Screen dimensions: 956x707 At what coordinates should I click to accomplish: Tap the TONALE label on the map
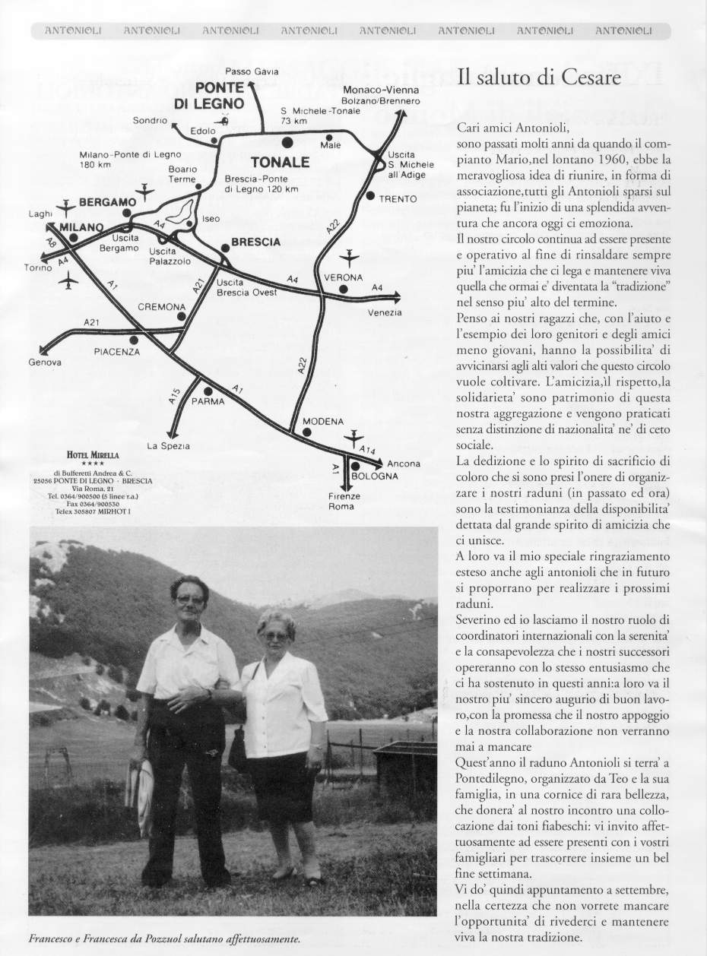[280, 162]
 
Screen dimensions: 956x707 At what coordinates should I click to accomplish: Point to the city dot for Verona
[344, 290]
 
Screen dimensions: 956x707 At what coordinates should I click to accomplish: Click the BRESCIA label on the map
[255, 242]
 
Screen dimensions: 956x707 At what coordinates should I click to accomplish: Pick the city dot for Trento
[369, 196]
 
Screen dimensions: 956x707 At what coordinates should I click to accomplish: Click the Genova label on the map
[45, 362]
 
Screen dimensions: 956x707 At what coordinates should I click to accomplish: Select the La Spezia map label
[168, 446]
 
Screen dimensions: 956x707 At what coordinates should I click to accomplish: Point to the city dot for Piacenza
[135, 340]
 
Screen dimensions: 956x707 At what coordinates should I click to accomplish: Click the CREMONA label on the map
[161, 307]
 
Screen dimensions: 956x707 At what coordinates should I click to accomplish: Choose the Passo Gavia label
[252, 71]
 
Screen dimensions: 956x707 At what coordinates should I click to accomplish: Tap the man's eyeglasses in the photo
[190, 599]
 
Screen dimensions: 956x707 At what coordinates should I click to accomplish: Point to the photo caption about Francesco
[165, 939]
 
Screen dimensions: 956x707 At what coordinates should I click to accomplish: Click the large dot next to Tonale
[287, 142]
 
